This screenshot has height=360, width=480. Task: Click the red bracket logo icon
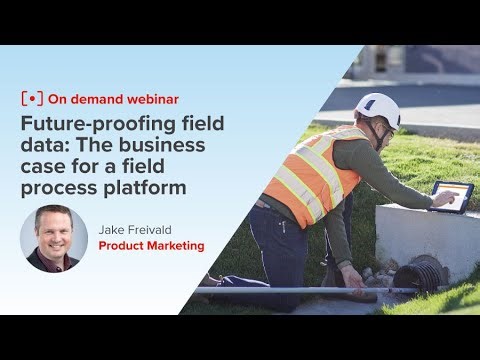[x=31, y=101]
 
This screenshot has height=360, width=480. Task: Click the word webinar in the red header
[x=149, y=101]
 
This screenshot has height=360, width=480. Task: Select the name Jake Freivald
[x=137, y=229]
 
